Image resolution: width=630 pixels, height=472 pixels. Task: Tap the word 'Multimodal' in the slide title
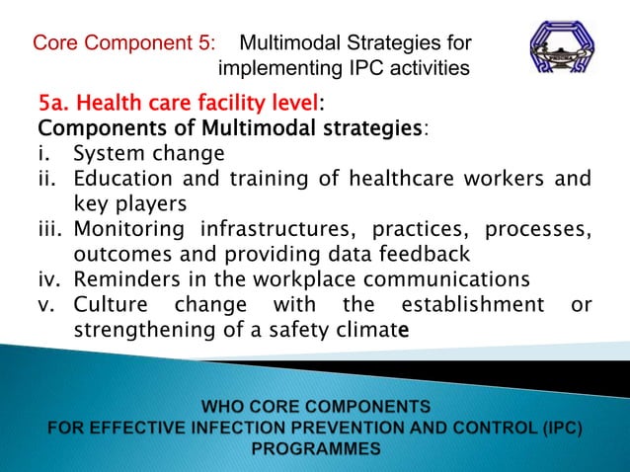[292, 43]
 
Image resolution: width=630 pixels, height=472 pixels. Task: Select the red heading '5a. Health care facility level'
[178, 103]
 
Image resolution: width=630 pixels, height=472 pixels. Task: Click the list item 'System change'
[149, 154]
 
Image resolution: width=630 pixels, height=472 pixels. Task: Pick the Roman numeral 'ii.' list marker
[50, 179]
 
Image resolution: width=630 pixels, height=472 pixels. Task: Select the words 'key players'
[129, 203]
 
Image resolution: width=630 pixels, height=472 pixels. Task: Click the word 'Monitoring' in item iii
[129, 229]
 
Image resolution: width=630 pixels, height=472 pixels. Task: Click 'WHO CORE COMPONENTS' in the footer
[315, 405]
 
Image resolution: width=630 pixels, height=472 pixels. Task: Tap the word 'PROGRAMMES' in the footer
[315, 447]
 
